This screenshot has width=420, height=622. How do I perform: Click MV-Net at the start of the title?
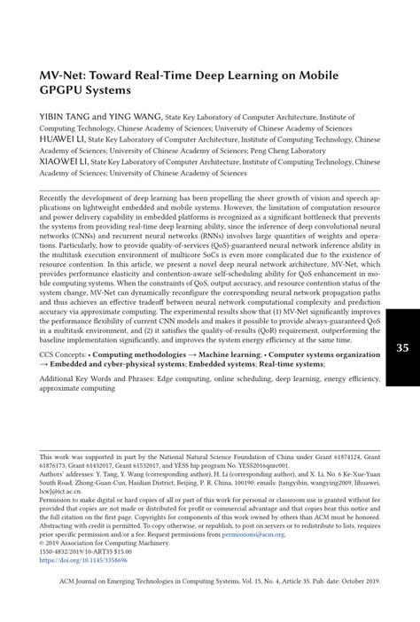66,74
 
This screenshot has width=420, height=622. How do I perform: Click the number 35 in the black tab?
401,347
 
